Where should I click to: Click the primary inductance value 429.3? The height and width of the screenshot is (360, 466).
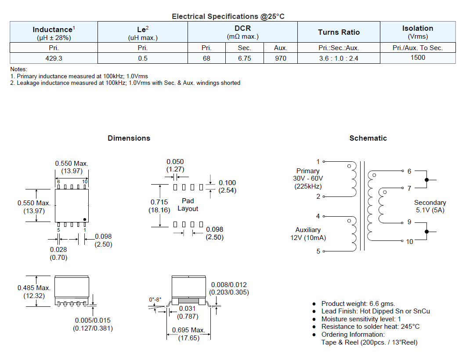coord(54,58)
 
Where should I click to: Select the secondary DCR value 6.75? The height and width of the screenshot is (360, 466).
coord(244,58)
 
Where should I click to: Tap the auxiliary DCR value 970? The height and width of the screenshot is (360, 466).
coord(281,58)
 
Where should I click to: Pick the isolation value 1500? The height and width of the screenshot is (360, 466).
coord(418,58)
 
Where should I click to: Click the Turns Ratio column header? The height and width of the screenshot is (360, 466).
coord(339,32)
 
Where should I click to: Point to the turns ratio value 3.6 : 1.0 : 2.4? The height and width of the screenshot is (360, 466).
coord(339,58)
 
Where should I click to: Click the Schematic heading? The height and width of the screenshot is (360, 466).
coord(368,138)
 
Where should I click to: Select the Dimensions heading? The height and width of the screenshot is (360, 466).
coord(129,138)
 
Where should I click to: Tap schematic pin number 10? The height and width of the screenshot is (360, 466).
coord(409,242)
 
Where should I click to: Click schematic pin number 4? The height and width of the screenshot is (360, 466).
coord(318,216)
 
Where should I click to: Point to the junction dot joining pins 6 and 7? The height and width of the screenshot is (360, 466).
coord(427,180)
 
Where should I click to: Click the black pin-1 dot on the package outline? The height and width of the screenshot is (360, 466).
coord(85,220)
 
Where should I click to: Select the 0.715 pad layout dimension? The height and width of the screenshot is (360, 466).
coord(159,202)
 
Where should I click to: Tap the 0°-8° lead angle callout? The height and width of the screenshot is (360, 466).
coord(155,300)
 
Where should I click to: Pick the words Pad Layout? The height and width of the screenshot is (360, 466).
coord(188,205)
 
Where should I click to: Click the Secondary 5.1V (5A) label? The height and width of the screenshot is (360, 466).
coord(430,206)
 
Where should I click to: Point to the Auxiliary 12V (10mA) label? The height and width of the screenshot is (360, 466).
coord(308,234)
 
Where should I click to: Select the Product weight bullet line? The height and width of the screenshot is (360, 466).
coord(358,304)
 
